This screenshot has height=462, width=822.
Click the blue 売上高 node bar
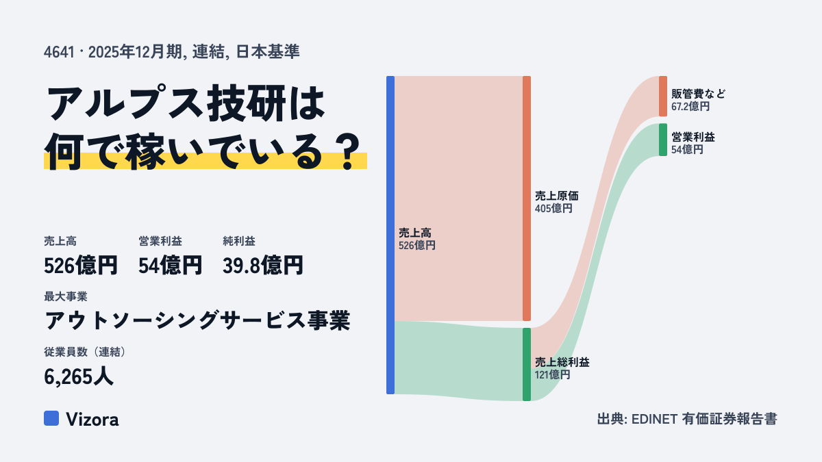pyautogui.click(x=390, y=235)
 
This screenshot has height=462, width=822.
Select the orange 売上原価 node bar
pyautogui.click(x=527, y=198)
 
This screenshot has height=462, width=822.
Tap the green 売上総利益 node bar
pyautogui.click(x=527, y=364)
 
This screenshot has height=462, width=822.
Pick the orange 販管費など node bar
pyautogui.click(x=663, y=97)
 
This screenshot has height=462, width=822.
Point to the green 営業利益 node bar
pyautogui.click(x=663, y=140)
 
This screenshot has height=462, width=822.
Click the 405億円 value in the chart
pyautogui.click(x=553, y=209)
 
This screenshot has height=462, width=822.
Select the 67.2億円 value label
pyautogui.click(x=690, y=107)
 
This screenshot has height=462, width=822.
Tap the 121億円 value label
pyautogui.click(x=552, y=375)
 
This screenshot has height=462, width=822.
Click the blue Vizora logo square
pyautogui.click(x=51, y=418)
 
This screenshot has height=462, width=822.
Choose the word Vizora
pyautogui.click(x=92, y=420)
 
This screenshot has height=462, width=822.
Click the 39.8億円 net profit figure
pyautogui.click(x=263, y=266)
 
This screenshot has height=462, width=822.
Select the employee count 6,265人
pyautogui.click(x=79, y=376)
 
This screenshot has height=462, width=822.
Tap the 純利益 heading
pyautogui.click(x=239, y=241)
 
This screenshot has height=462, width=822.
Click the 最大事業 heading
pyautogui.click(x=66, y=296)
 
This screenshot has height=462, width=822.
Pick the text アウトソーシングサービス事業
pyautogui.click(x=197, y=320)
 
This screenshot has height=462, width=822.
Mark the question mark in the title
pyautogui.click(x=349, y=152)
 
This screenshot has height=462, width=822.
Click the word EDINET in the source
pyautogui.click(x=654, y=419)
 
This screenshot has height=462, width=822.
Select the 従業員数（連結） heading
pyautogui.click(x=85, y=352)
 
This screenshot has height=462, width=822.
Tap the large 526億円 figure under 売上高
pyautogui.click(x=81, y=266)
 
